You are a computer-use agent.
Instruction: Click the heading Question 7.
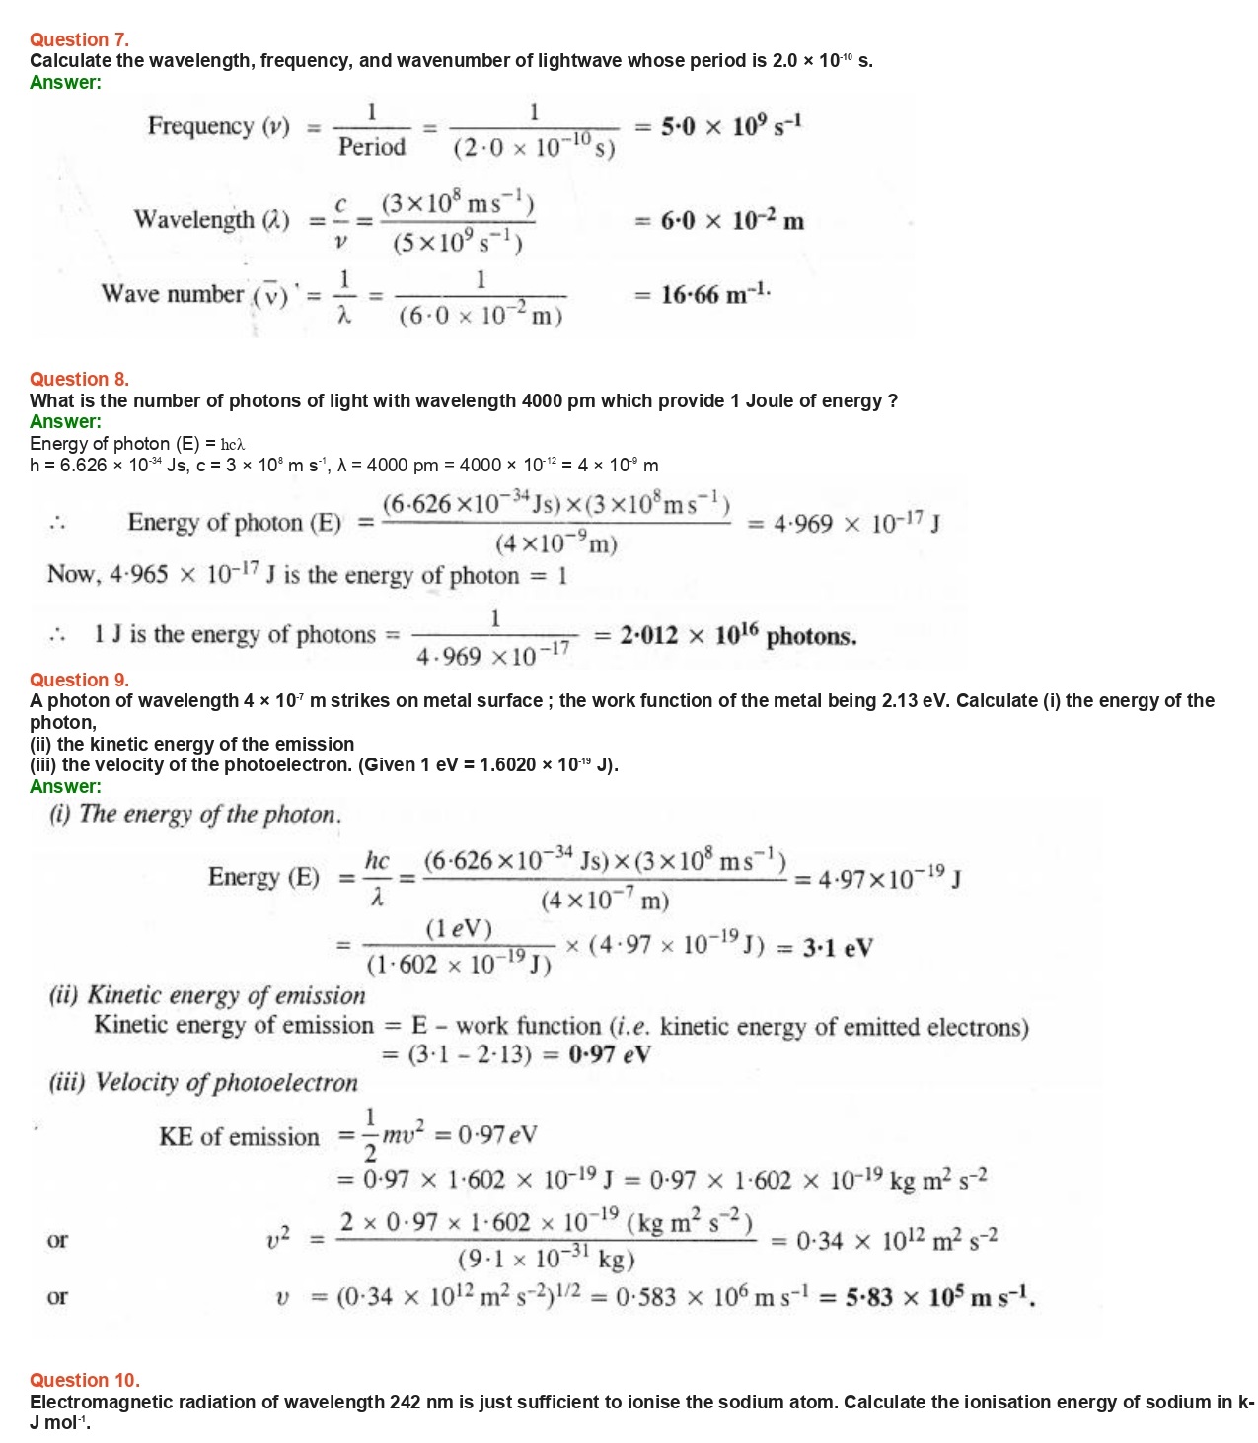[79, 39]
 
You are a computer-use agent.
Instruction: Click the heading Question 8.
[79, 379]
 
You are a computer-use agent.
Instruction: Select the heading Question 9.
[79, 680]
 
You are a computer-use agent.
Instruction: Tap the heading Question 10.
[84, 1380]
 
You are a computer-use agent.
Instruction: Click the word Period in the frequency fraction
[371, 147]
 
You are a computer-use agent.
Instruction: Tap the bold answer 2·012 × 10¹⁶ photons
[738, 636]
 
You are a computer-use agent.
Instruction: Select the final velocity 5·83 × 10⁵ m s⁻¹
[939, 1296]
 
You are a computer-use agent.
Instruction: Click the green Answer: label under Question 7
[65, 82]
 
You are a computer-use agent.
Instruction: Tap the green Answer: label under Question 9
[65, 786]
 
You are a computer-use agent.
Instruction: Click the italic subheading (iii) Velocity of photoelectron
[203, 1082]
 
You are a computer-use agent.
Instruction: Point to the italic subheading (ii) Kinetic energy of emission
[207, 995]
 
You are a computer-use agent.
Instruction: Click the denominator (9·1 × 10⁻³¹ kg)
[546, 1260]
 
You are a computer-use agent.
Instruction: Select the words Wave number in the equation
[172, 294]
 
